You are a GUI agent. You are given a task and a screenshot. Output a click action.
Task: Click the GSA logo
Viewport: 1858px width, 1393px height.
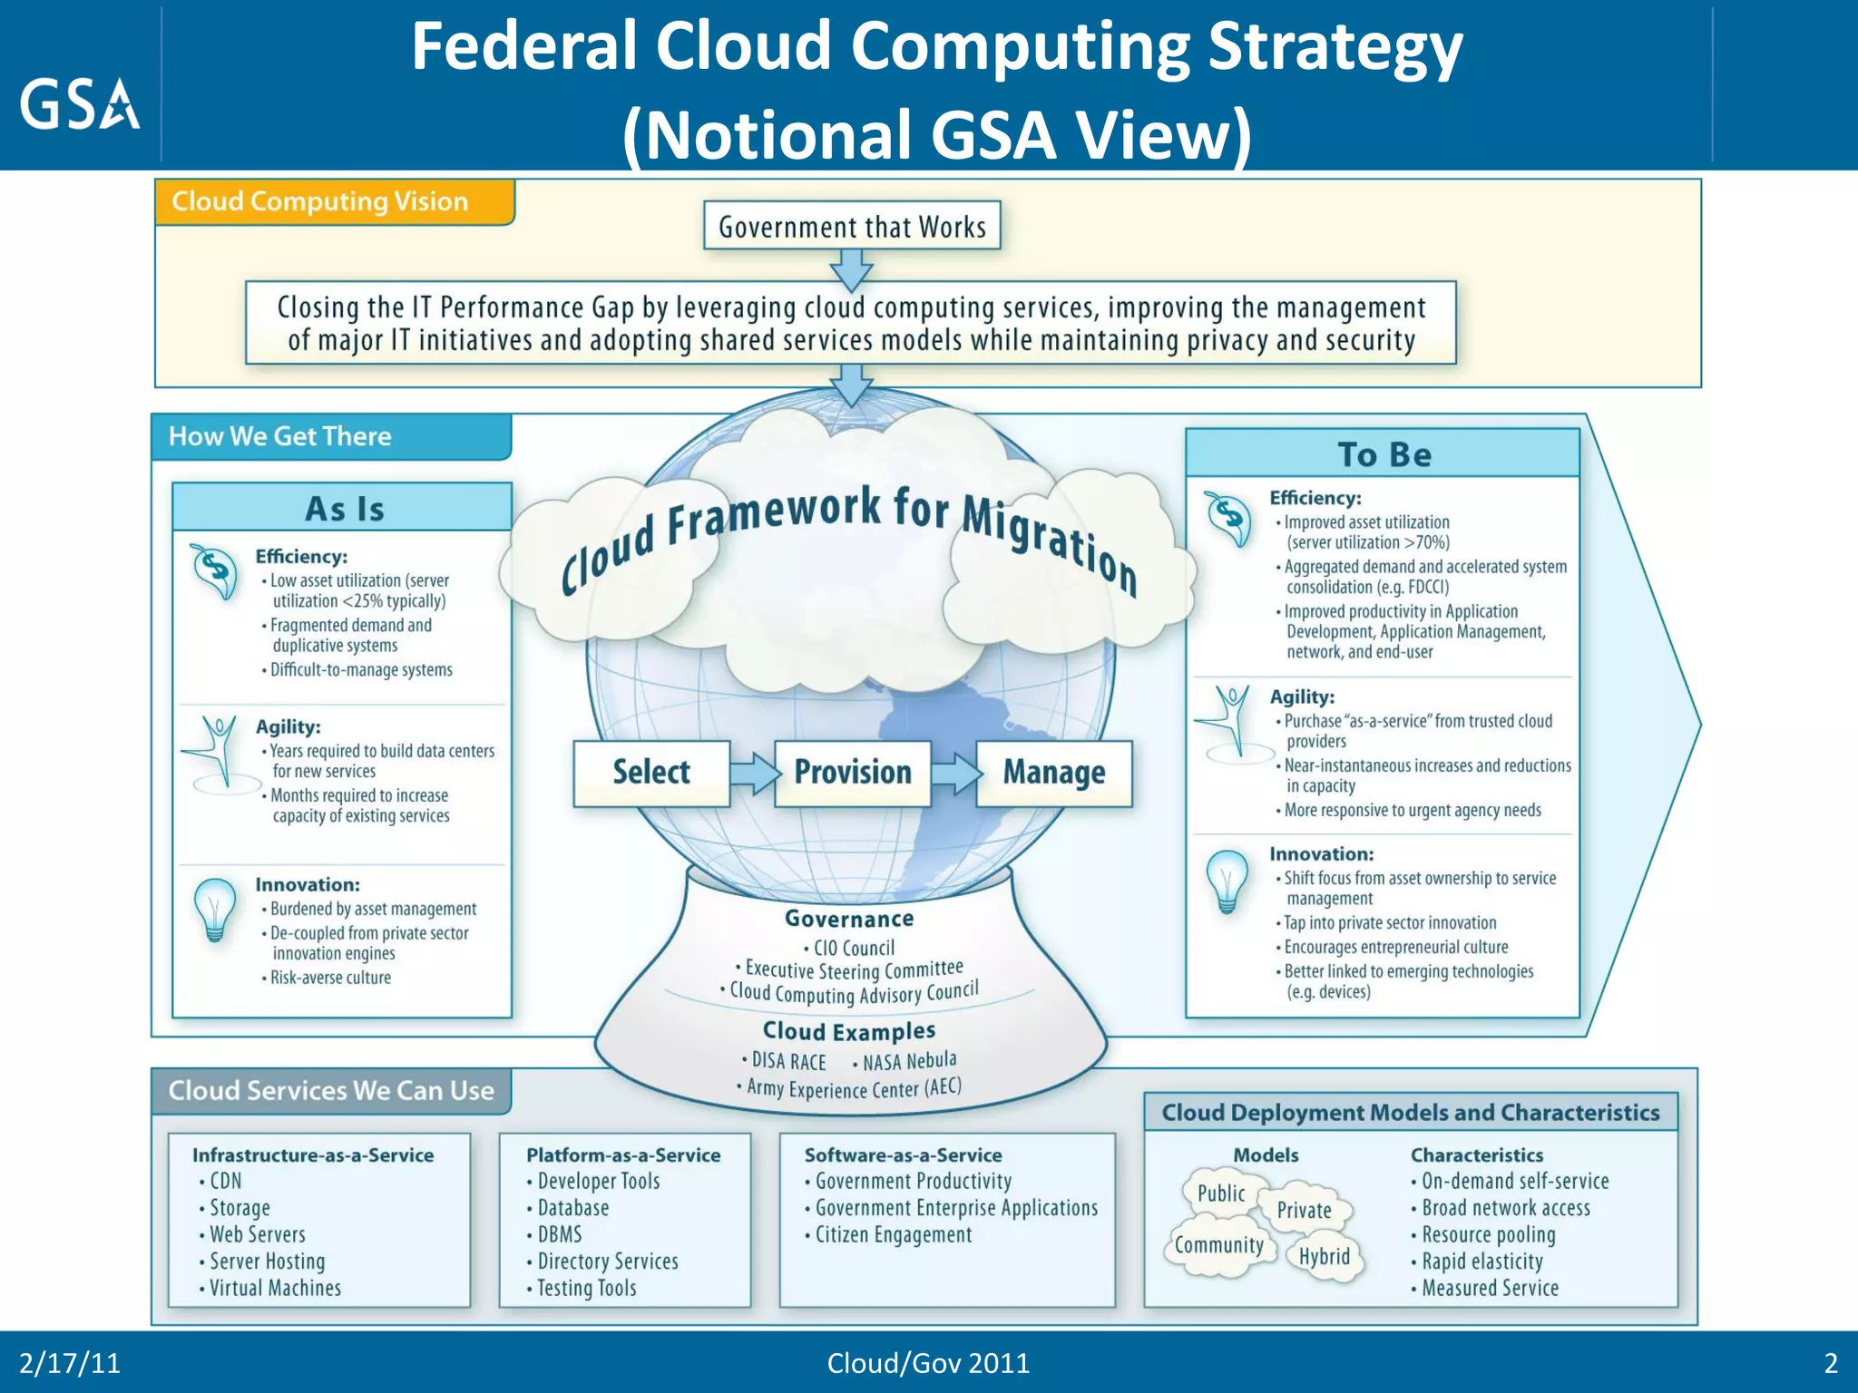(80, 103)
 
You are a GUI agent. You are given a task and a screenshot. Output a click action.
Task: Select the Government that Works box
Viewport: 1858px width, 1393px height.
(852, 226)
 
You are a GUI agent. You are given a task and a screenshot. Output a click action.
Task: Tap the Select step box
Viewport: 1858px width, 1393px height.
(651, 773)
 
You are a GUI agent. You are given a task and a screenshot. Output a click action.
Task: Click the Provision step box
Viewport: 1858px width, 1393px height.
(853, 773)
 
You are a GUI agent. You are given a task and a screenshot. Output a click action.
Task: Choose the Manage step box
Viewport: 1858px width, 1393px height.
(1054, 773)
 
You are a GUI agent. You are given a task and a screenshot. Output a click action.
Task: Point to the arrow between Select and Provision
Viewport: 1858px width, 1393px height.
(754, 774)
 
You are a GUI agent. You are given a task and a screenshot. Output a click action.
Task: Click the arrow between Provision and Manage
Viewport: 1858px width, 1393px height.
(955, 774)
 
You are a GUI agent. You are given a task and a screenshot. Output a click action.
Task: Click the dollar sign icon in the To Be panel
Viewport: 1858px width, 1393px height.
(1228, 517)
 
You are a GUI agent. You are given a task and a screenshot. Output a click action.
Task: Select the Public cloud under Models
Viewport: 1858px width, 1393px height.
(1221, 1193)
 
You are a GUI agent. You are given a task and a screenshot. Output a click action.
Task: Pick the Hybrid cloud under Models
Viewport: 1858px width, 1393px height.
(1324, 1256)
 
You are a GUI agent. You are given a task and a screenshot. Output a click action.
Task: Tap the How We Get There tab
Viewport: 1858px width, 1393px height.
(280, 436)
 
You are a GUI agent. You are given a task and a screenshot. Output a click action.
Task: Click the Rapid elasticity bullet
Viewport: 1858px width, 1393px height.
(1482, 1261)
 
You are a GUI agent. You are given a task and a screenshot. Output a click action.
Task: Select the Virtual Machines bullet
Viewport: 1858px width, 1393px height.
(275, 1288)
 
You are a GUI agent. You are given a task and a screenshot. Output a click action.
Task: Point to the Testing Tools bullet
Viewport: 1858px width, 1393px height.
(586, 1288)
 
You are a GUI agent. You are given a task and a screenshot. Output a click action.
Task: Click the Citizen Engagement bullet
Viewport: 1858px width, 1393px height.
(893, 1235)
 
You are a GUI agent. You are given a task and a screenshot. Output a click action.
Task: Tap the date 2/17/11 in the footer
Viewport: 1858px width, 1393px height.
(70, 1363)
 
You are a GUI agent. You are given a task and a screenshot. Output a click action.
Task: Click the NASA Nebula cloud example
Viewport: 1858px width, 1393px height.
(909, 1061)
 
